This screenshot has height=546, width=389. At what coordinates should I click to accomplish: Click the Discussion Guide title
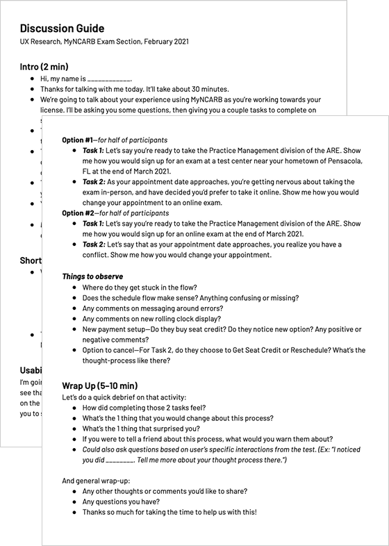point(63,28)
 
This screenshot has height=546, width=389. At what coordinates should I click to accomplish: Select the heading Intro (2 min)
point(44,67)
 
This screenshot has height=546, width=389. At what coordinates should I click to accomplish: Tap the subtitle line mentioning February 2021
point(104,42)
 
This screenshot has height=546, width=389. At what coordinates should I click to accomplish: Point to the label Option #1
point(77,140)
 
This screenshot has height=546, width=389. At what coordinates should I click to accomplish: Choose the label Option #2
point(77,213)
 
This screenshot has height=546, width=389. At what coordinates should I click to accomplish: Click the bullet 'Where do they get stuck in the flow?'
point(149,287)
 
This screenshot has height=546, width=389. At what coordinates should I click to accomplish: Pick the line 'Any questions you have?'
point(121,502)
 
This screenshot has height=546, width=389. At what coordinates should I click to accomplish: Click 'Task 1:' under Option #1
point(93,150)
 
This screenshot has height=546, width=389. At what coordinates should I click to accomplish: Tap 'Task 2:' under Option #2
point(93,245)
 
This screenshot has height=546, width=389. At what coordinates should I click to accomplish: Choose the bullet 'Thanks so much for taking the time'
point(169,512)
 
